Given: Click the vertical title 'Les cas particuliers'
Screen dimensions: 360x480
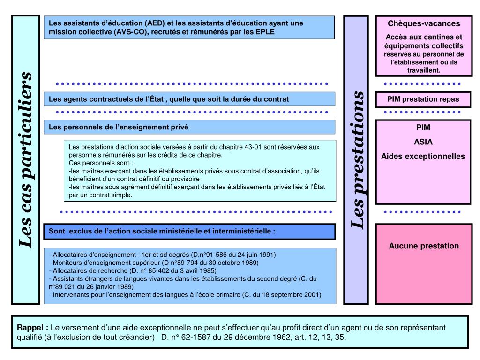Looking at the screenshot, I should click(26, 159).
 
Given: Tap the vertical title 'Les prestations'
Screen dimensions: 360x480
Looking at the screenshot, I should click(358, 159).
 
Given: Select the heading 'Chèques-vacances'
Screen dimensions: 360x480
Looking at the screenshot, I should click(424, 23).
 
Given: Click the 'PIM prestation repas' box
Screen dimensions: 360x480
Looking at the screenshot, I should click(423, 99).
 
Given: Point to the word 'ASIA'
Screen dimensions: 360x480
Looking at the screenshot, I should click(423, 142).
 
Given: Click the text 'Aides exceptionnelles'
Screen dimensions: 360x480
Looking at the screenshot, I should click(423, 156).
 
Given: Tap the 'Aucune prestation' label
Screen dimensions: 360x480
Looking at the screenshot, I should click(424, 246).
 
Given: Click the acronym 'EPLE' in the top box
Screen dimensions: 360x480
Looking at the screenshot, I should click(264, 32).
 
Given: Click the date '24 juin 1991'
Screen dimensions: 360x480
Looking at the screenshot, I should click(256, 255).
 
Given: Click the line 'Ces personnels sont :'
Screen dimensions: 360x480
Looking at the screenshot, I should click(100, 163).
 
